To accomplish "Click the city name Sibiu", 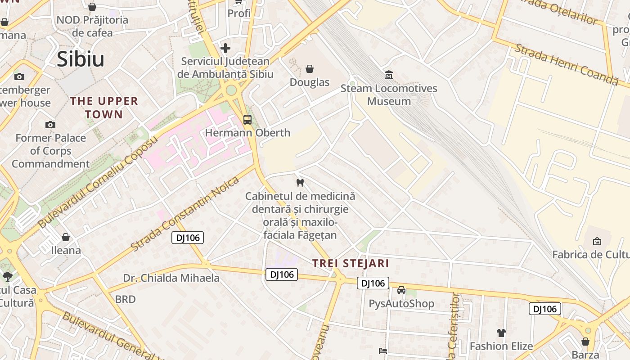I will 81,59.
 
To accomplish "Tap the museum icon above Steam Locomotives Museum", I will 389,75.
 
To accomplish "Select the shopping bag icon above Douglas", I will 310,69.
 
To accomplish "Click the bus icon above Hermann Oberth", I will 247,119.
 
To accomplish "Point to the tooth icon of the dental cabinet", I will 300,183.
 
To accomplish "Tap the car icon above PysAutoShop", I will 401,290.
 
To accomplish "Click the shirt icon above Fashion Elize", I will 501,333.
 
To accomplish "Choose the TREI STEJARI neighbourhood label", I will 351,263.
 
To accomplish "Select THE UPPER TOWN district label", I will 104,108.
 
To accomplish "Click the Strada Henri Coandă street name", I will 567,64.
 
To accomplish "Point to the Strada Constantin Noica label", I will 185,214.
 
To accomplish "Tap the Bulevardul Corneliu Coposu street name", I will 98,182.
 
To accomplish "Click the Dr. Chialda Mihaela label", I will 171,278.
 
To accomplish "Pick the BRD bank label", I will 125,299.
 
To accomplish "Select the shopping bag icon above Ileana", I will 66,237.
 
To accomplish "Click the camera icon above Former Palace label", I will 50,125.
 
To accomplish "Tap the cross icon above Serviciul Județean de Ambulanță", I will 225,48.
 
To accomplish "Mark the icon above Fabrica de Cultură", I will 597,241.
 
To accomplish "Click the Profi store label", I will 239,13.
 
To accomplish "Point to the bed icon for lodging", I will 383,351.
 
